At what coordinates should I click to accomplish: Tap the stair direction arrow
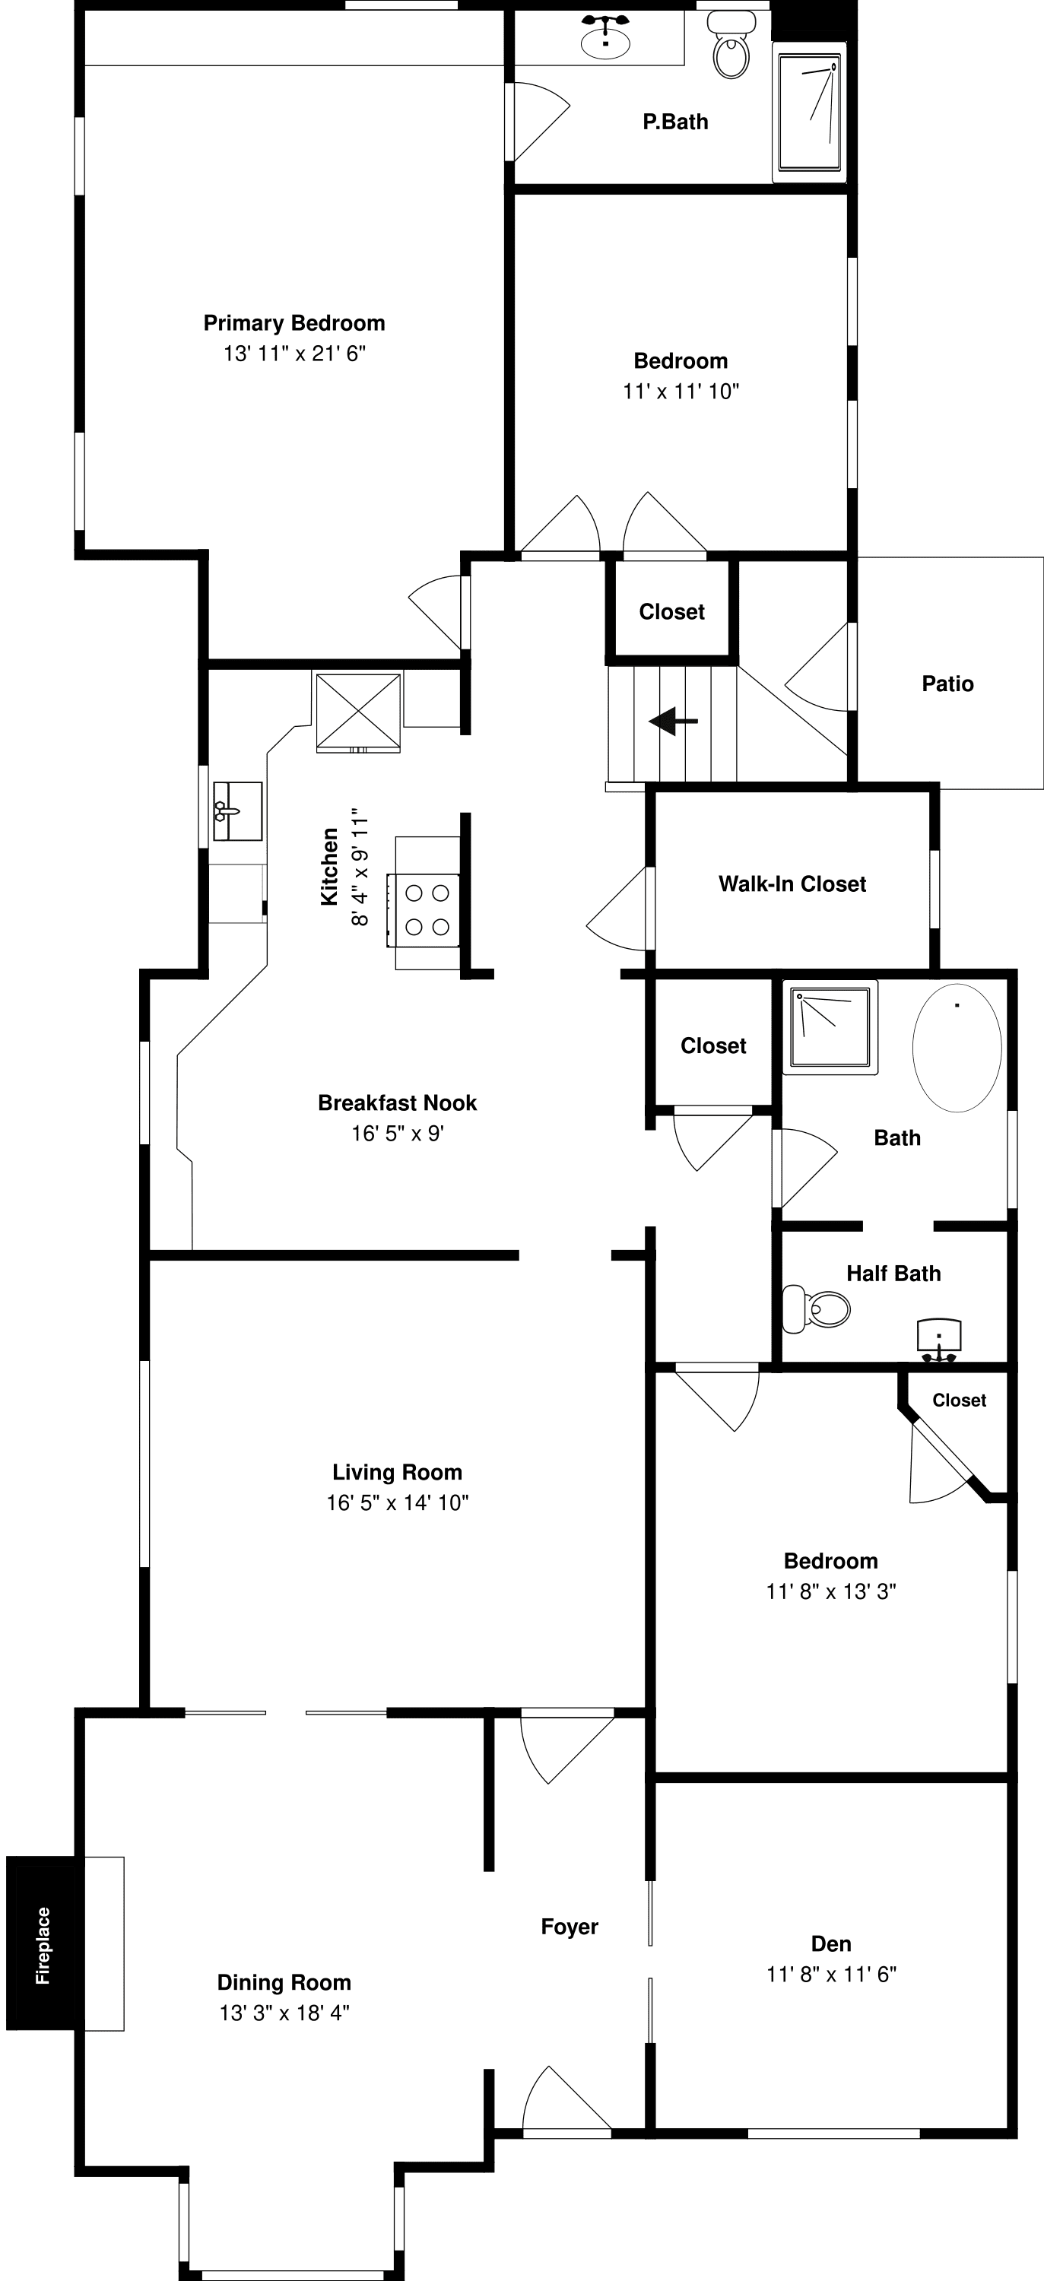click(x=673, y=721)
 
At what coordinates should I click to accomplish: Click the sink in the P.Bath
click(x=606, y=36)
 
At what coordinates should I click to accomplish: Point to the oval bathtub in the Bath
click(x=957, y=1048)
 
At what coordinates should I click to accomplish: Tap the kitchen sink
click(x=237, y=811)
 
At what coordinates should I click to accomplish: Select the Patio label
click(x=947, y=684)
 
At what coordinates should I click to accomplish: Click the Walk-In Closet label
click(x=792, y=884)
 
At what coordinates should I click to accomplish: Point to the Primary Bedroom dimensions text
click(x=295, y=354)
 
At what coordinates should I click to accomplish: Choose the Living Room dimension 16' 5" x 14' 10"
click(x=398, y=1502)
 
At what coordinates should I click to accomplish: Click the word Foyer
click(x=570, y=1927)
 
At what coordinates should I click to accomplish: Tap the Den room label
click(x=832, y=1943)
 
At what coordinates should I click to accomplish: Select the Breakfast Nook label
click(x=398, y=1102)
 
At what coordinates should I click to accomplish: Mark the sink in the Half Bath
click(x=938, y=1340)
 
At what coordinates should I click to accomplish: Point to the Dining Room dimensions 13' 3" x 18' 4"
click(x=284, y=2013)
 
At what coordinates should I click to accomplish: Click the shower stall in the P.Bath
click(x=808, y=112)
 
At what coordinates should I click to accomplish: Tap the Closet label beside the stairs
click(x=672, y=612)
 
